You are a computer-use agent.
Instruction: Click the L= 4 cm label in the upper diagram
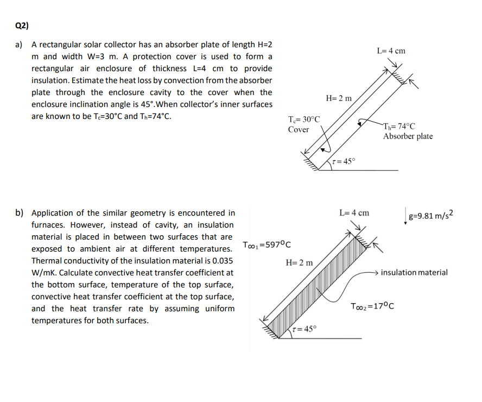[x=391, y=51]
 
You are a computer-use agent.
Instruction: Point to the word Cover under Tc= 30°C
[x=299, y=130]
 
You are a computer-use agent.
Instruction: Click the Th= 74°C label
[x=400, y=127]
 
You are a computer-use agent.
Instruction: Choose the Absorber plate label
[x=408, y=136]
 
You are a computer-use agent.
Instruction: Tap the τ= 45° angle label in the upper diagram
[x=344, y=161]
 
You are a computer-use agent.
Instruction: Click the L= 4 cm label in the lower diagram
[x=354, y=212]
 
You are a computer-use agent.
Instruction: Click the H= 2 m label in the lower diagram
[x=299, y=262]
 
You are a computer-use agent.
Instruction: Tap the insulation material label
[x=414, y=272]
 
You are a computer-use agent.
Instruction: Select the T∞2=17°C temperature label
[x=372, y=305]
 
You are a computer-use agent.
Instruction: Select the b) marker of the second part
[x=18, y=213]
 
